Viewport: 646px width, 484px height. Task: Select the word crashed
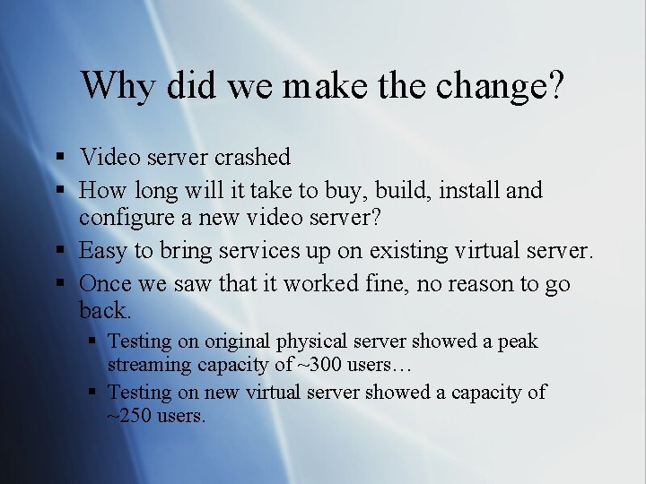tap(252, 157)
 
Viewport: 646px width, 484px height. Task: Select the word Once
tap(106, 284)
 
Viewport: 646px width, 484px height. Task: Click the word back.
tap(105, 311)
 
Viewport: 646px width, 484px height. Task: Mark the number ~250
tap(133, 416)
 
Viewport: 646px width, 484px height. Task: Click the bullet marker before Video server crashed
tap(59, 158)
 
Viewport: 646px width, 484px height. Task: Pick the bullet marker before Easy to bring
tap(59, 252)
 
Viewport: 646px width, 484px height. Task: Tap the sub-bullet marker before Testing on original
tap(94, 341)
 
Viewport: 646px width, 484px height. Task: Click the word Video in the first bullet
tap(105, 157)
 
